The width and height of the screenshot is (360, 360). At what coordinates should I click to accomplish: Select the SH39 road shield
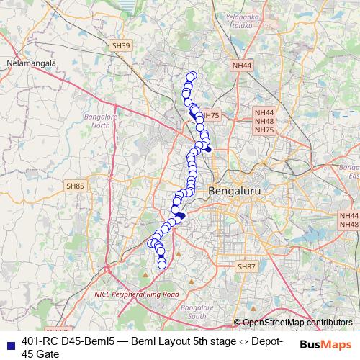coord(122,45)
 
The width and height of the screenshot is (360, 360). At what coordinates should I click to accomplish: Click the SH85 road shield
coord(75,186)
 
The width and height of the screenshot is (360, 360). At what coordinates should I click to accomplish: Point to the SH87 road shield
coord(246,266)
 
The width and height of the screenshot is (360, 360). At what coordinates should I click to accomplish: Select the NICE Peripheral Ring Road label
coord(136,294)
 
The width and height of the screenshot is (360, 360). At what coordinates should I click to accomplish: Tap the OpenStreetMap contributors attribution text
coord(293,323)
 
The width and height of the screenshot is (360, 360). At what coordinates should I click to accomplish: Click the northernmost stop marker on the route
coord(192,76)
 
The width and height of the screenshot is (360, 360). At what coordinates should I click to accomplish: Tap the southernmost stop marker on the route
coord(162,265)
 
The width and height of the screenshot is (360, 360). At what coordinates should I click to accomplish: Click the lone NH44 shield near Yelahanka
coord(242,66)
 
